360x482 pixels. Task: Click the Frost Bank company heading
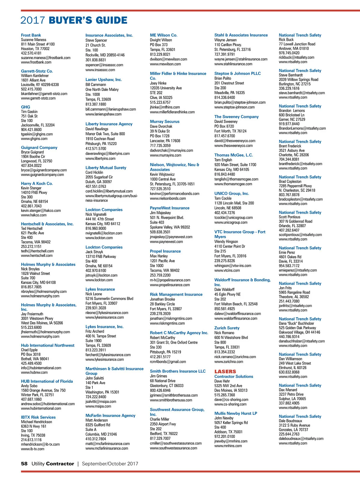[x=31, y=35]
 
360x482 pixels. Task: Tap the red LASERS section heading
[x=225, y=371]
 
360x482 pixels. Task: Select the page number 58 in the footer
[x=24, y=463]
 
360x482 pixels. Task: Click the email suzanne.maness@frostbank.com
[x=46, y=58]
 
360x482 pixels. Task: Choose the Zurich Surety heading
[x=227, y=328]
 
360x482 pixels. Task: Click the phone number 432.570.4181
[x=31, y=53]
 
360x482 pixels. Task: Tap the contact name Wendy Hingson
[x=226, y=242]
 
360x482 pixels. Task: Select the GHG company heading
[x=25, y=107]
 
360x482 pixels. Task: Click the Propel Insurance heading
[x=165, y=251]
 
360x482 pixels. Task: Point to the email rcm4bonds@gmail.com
[x=168, y=362]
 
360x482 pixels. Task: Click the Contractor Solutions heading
[x=234, y=376]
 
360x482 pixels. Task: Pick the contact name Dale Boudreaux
[x=290, y=421]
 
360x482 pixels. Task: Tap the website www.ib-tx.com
[x=33, y=449]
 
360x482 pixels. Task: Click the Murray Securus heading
[x=165, y=122]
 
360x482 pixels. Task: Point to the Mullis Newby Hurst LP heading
[x=235, y=413]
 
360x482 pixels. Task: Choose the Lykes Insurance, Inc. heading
[x=104, y=327]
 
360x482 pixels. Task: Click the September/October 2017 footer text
[x=110, y=463]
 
